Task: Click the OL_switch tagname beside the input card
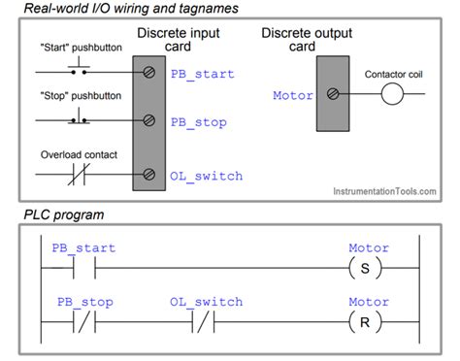coord(206,176)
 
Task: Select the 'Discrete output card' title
coord(303,40)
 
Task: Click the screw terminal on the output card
coord(333,95)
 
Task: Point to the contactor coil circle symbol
coord(391,95)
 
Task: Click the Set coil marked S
coord(368,268)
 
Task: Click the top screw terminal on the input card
coord(149,74)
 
